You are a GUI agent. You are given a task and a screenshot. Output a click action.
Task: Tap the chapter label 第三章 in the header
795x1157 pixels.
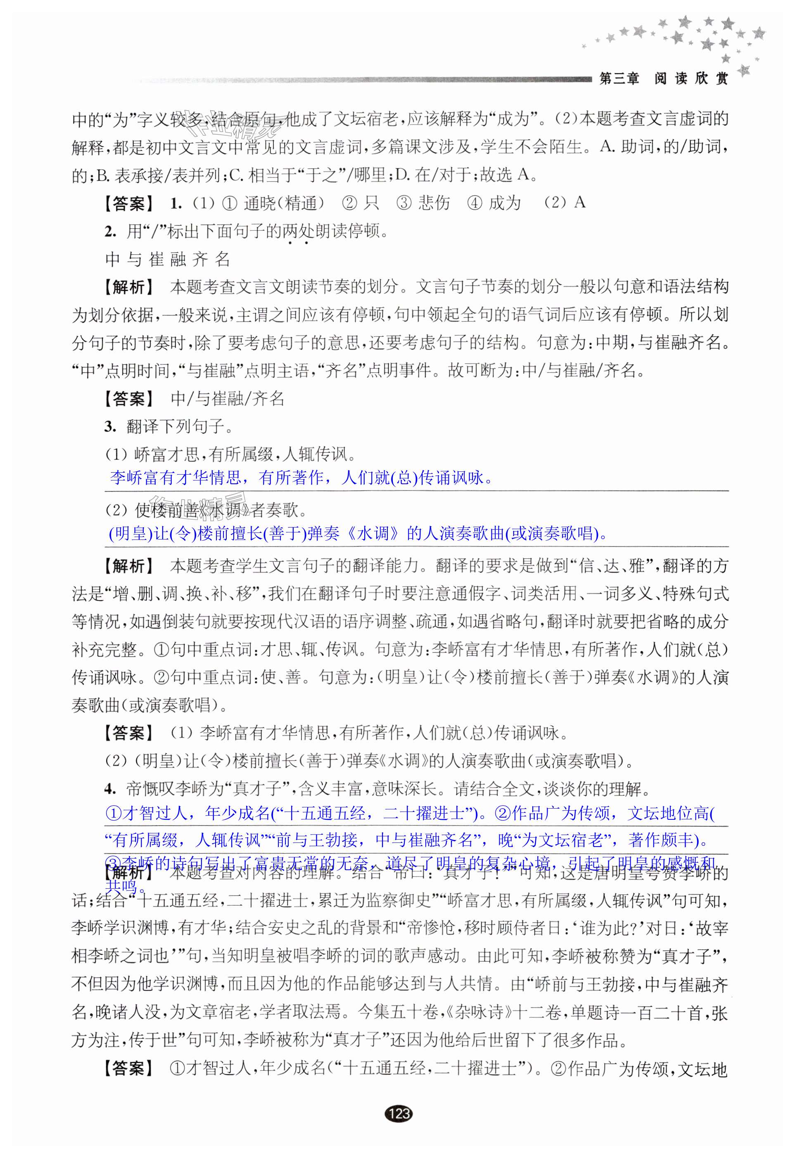coord(619,79)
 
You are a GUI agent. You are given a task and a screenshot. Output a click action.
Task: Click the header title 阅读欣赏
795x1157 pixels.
coord(691,79)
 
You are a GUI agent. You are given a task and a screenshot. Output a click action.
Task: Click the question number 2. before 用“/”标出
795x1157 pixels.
coord(110,231)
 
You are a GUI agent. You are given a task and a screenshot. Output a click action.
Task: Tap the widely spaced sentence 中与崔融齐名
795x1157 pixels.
coord(168,259)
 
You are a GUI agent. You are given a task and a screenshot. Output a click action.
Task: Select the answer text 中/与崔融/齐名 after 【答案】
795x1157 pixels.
coord(227,398)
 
